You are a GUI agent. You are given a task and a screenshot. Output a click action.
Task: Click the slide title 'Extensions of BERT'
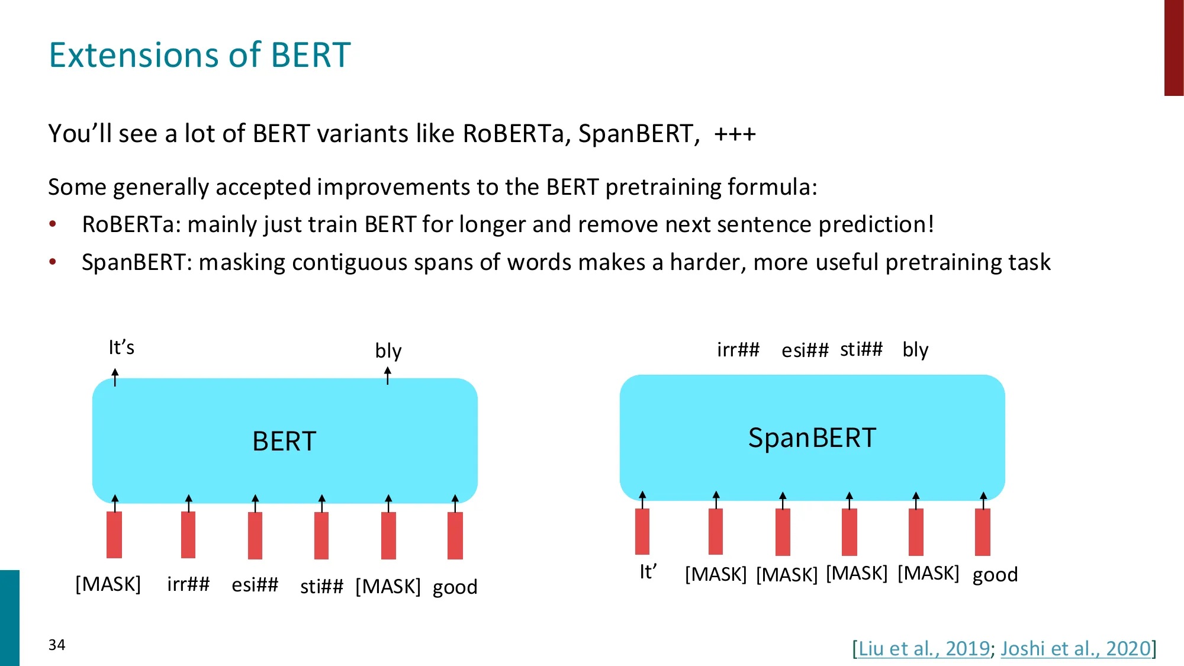[x=200, y=55]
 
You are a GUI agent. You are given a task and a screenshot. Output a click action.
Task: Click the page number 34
[x=57, y=645]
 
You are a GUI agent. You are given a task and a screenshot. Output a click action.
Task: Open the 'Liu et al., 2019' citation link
[x=924, y=648]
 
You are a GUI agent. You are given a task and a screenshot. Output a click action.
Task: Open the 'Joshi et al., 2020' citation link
[x=1076, y=648]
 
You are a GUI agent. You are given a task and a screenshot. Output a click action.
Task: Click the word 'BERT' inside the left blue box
[x=284, y=441]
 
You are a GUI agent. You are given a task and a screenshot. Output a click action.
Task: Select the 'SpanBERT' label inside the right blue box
[x=812, y=438]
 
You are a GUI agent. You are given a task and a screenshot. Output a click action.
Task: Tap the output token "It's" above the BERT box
[x=121, y=347]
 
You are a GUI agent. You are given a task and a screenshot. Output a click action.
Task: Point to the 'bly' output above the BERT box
[x=388, y=350]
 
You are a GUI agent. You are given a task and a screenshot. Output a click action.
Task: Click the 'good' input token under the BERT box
[x=455, y=587]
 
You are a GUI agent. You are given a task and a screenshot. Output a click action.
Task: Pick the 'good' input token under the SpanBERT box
[x=995, y=575]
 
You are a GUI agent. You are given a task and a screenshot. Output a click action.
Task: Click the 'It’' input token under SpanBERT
[x=648, y=572]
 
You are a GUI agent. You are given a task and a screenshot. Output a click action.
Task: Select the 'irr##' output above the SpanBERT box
[x=738, y=349]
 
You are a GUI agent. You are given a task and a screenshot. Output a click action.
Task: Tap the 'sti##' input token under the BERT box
[x=321, y=586]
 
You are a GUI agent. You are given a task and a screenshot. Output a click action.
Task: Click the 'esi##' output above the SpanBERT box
[x=805, y=350]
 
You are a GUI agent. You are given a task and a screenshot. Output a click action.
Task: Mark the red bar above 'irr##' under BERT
[x=188, y=535]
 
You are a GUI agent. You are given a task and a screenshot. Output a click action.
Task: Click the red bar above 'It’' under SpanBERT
[x=642, y=532]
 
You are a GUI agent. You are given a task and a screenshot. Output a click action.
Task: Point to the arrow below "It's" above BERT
[x=115, y=377]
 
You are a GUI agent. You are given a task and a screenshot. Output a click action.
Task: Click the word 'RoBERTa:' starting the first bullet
[x=131, y=224]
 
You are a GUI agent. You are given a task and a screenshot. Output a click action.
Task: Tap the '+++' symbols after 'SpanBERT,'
[x=735, y=134]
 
